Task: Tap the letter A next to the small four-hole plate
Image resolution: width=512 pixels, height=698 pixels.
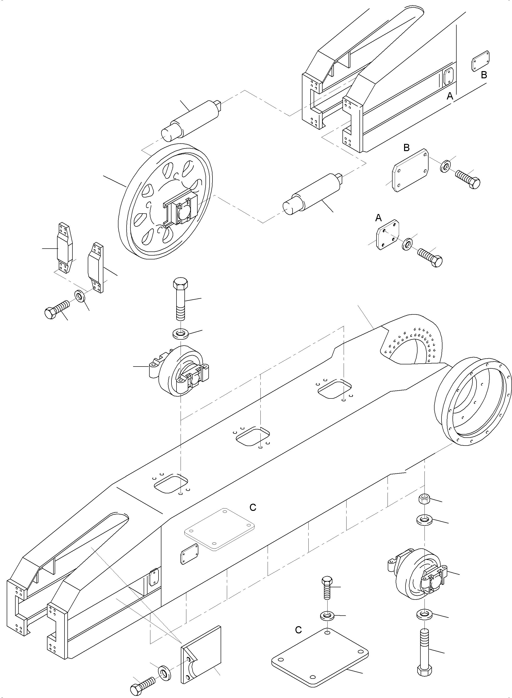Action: click(x=378, y=218)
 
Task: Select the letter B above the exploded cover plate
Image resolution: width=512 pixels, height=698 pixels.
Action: click(x=407, y=148)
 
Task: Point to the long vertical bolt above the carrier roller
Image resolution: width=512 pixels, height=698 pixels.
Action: click(x=179, y=298)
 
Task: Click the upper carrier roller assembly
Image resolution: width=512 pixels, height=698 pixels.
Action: click(x=180, y=371)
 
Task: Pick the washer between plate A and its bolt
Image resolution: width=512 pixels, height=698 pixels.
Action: click(x=407, y=244)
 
